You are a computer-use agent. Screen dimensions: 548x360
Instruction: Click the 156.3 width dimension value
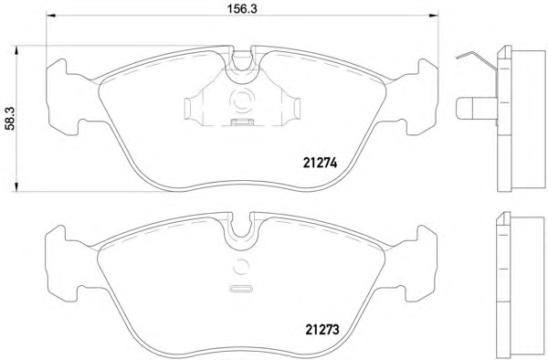point(242,8)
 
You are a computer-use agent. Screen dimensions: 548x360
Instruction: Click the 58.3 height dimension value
point(10,119)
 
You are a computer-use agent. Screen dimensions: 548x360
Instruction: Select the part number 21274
point(320,163)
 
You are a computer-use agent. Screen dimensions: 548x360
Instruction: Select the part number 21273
point(322,329)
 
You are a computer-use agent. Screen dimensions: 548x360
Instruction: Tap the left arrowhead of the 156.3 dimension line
point(51,15)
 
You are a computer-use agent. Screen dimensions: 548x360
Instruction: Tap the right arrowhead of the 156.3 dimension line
point(433,15)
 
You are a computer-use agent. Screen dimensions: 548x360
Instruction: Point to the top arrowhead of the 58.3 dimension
point(15,50)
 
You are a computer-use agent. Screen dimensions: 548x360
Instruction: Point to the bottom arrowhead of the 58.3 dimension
point(15,186)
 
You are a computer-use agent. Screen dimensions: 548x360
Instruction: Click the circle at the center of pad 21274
point(241,101)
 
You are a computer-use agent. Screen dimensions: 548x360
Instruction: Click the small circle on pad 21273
point(241,268)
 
